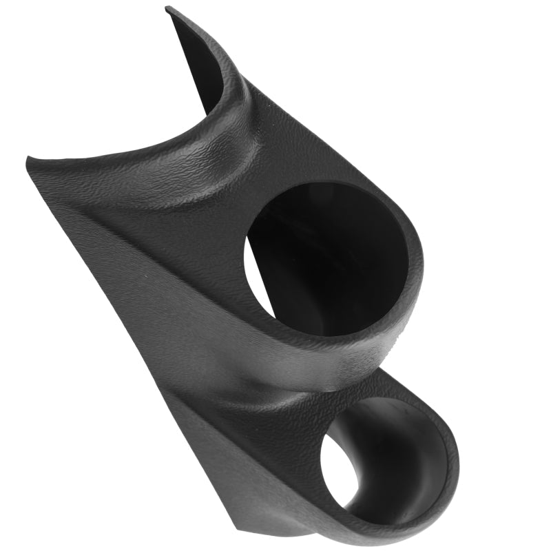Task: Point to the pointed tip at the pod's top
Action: (169, 10)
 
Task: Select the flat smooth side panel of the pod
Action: (138, 310)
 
